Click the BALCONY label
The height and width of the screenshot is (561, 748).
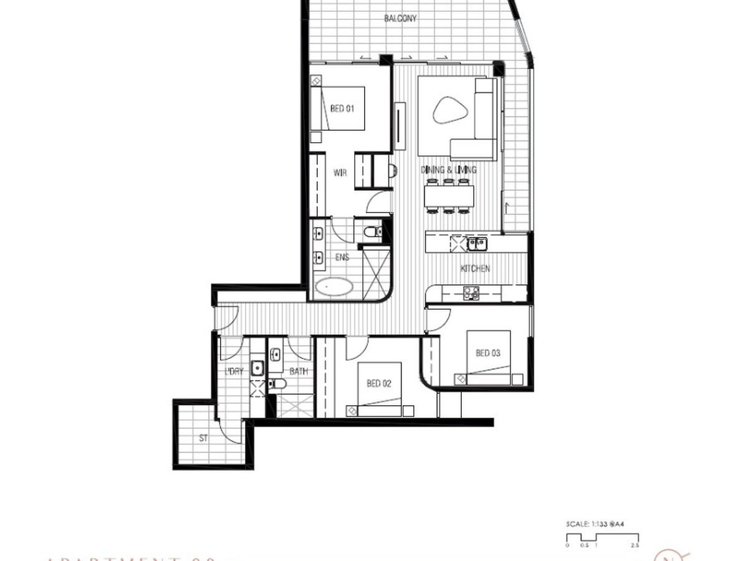tap(400, 19)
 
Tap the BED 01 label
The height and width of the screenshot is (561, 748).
tap(342, 108)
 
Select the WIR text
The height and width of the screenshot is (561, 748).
tap(340, 173)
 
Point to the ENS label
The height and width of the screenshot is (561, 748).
tap(342, 257)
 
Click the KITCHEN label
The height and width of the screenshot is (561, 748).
tap(475, 269)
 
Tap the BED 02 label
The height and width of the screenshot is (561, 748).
tap(378, 383)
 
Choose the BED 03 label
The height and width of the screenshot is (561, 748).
tap(487, 353)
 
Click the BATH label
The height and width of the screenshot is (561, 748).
tap(299, 372)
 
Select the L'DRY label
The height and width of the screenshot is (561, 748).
tap(234, 372)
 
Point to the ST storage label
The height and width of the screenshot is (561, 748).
tap(203, 438)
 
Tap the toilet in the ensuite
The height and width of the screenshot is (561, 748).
tap(372, 233)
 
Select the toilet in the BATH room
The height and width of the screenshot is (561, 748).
tap(279, 384)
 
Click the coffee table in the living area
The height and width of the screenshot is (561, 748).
tap(448, 113)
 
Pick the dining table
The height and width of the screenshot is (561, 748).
tap(449, 196)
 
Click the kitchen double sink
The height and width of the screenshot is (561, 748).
tap(477, 242)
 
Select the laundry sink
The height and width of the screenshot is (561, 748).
tap(257, 367)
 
